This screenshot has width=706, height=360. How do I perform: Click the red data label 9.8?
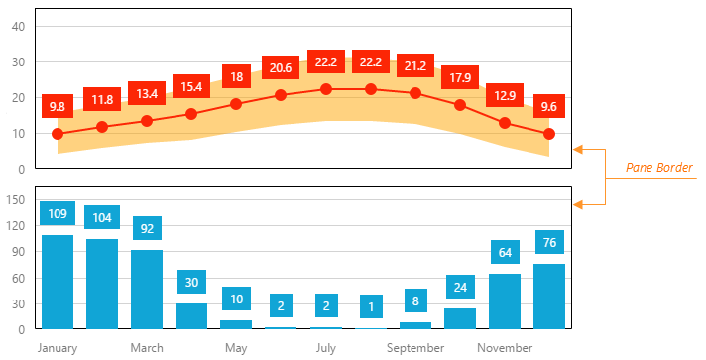[x=58, y=106]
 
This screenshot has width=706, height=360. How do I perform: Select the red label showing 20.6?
[x=281, y=67]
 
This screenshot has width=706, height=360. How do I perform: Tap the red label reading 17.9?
[x=460, y=77]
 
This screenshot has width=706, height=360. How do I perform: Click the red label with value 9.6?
[x=549, y=106]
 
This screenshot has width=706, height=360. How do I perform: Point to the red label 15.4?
[x=191, y=87]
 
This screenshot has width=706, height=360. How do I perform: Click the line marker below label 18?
[x=236, y=104]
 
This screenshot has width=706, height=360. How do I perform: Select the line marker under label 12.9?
[x=505, y=123]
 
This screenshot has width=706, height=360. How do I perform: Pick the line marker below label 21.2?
[x=415, y=93]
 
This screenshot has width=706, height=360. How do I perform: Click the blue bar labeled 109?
[x=58, y=282]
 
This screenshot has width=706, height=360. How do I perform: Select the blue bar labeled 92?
[x=147, y=289]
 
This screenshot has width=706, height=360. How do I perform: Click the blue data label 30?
[x=191, y=282]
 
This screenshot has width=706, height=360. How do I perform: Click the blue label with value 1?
[x=371, y=306]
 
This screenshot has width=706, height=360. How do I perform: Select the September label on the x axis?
[x=415, y=348]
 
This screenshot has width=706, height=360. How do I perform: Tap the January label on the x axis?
[x=58, y=348]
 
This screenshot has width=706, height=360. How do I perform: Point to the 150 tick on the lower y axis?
[x=16, y=199]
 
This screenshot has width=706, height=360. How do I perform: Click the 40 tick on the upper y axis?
[x=18, y=26]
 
